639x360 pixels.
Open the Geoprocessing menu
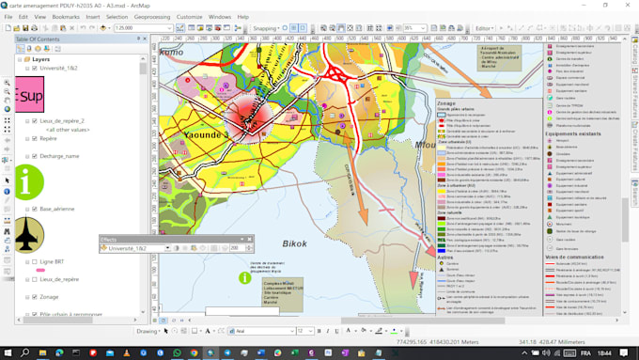(x=151, y=17)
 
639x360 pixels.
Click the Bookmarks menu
(x=66, y=17)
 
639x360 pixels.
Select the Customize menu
(x=189, y=17)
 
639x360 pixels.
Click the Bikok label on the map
(x=296, y=244)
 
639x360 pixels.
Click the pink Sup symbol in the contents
(x=31, y=96)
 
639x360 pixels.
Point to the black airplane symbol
(x=24, y=235)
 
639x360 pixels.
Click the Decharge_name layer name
(x=59, y=156)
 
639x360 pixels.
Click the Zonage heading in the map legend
(x=446, y=103)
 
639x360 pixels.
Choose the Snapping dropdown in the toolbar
(x=266, y=28)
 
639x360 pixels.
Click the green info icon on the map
(x=245, y=277)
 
